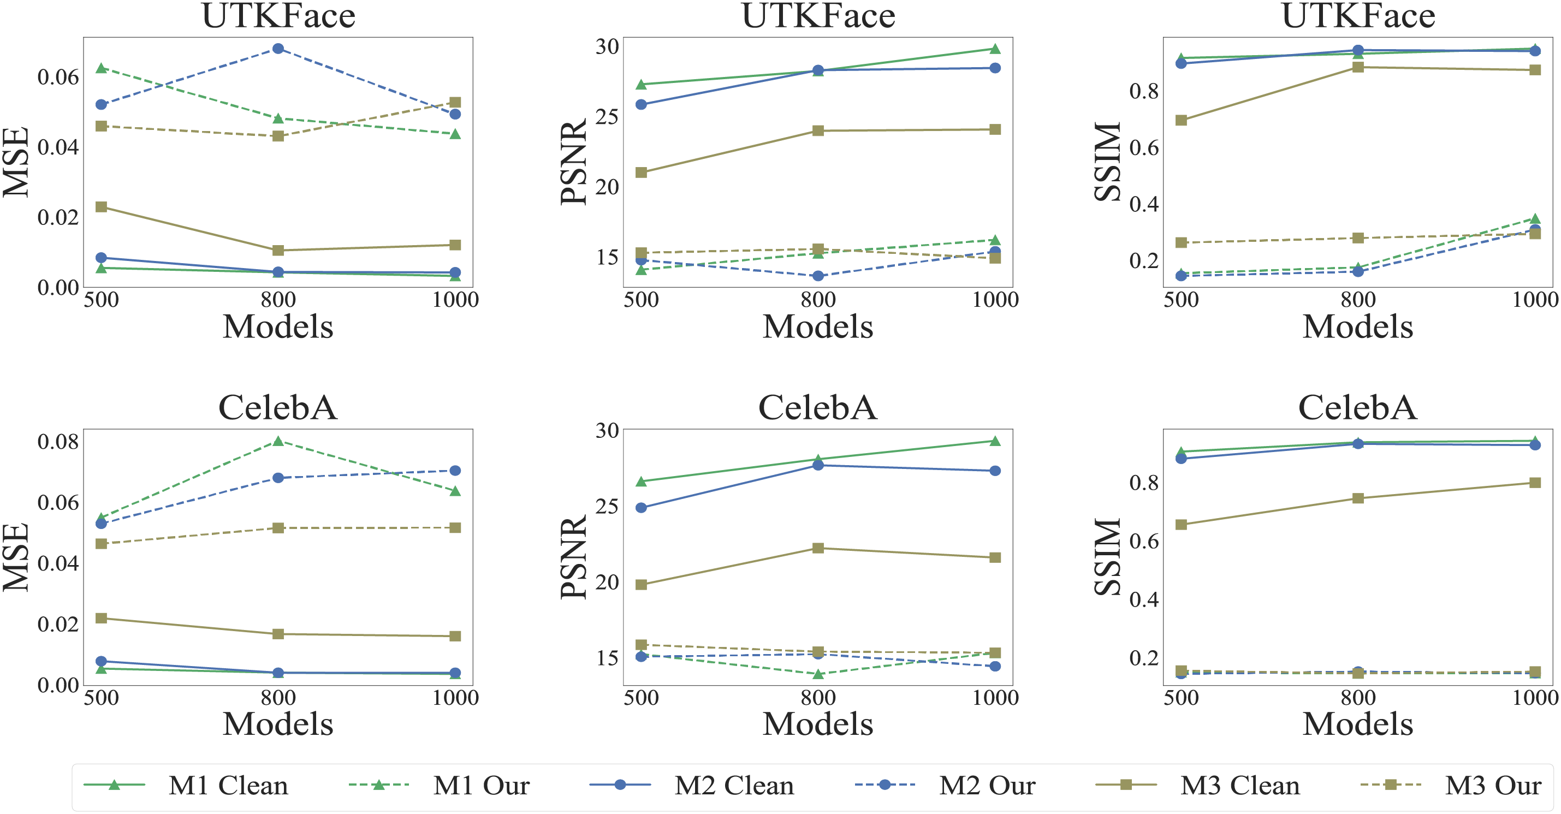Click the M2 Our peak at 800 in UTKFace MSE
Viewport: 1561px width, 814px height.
tap(278, 49)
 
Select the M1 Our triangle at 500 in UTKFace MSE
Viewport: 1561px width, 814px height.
tap(101, 68)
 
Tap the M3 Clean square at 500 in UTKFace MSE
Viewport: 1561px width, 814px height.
tap(101, 207)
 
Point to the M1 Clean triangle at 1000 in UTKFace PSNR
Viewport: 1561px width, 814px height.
tap(995, 49)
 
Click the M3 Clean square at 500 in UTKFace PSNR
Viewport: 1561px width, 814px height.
tap(641, 173)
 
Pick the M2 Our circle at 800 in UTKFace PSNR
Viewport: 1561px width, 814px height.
tap(818, 276)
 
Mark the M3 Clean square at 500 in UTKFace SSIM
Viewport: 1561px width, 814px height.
tap(1181, 120)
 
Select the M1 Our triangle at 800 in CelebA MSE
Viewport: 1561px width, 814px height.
tap(278, 441)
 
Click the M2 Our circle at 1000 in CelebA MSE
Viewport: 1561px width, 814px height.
tap(455, 471)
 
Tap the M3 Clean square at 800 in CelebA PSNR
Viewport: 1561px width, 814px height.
tap(818, 548)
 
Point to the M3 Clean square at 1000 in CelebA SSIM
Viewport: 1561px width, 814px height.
tap(1535, 483)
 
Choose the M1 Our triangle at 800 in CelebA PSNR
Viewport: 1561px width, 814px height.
tap(818, 674)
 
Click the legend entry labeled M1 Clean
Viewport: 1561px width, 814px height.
tap(228, 786)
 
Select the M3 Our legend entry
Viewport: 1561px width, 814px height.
tap(1493, 786)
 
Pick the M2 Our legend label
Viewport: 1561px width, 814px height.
tap(987, 786)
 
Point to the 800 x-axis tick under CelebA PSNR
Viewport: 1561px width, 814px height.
tap(818, 698)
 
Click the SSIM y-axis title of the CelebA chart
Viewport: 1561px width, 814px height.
tap(1108, 556)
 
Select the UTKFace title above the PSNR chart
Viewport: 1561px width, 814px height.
tap(818, 16)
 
